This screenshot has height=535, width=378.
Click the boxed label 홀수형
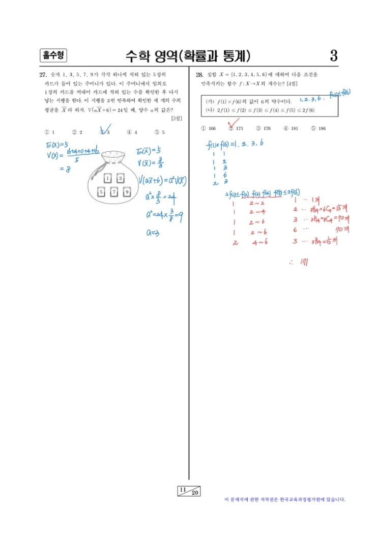[x=53, y=55]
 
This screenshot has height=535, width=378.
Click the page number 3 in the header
[x=334, y=55]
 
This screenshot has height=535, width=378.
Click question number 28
[x=199, y=74]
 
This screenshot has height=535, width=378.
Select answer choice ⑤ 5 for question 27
[x=160, y=132]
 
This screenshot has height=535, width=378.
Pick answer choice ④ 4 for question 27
[x=132, y=132]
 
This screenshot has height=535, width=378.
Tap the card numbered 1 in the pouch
[x=108, y=178]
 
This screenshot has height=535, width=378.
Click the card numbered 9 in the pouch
[x=127, y=192]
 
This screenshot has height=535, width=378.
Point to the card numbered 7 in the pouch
[x=115, y=192]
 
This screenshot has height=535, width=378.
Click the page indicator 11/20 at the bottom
[x=189, y=491]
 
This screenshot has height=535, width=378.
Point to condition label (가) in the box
[x=210, y=101]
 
